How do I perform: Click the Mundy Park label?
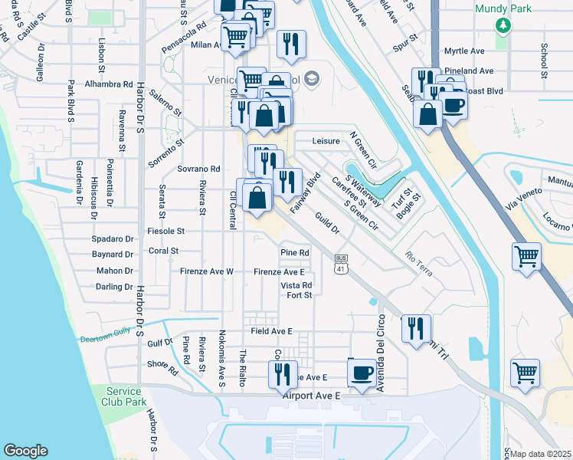502,8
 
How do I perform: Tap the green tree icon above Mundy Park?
503,26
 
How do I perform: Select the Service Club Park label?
126,396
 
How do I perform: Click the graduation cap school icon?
311,79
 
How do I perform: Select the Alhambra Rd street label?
110,84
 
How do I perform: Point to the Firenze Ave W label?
207,271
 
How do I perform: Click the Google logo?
25,450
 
